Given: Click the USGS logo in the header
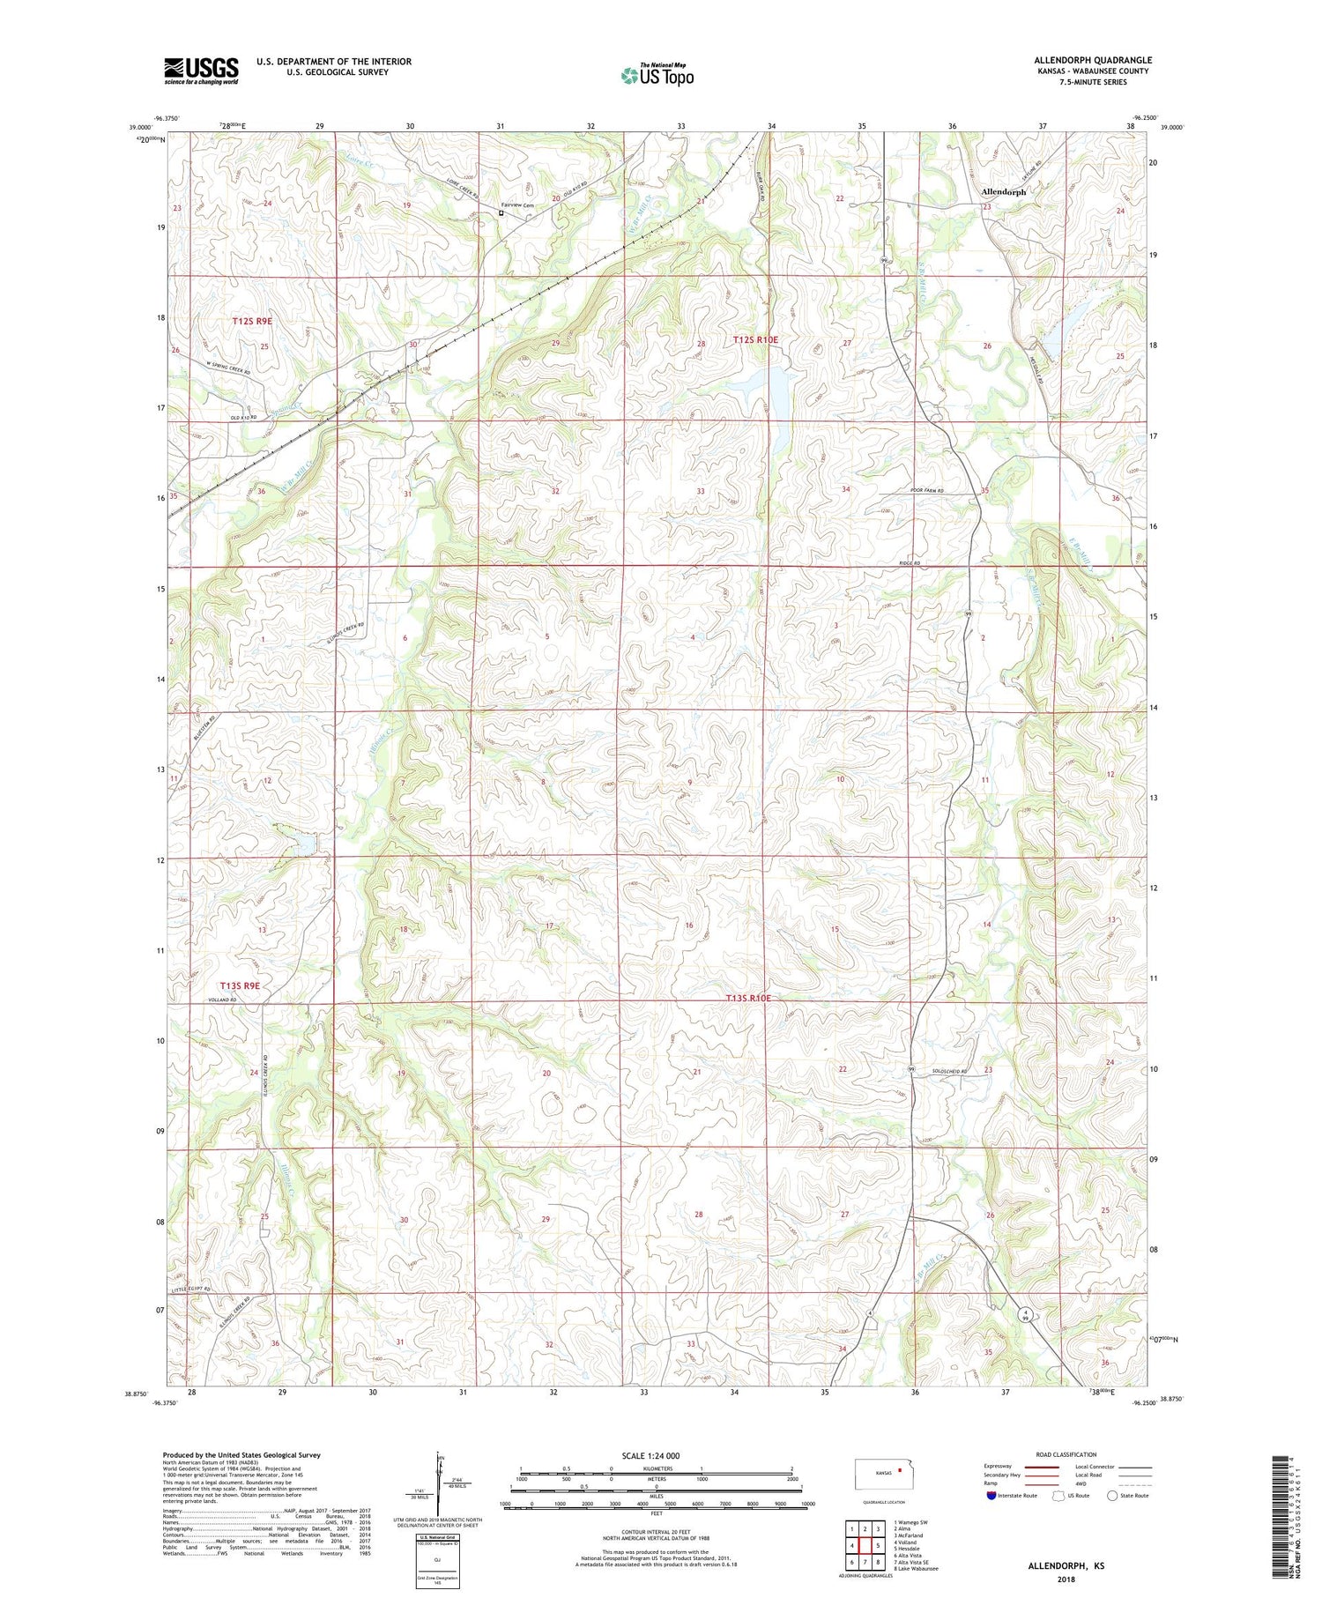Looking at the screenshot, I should pos(201,71).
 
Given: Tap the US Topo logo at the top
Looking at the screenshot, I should pos(657,75).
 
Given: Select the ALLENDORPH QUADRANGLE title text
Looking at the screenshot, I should pos(1093,60).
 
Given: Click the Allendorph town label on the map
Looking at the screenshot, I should pos(1003,191).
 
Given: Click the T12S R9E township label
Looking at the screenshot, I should pos(252,322).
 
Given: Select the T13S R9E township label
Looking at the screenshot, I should pos(240,985).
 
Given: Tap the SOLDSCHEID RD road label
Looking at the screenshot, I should pos(949,1072).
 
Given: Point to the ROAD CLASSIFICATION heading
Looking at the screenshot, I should pos(1066,1454).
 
